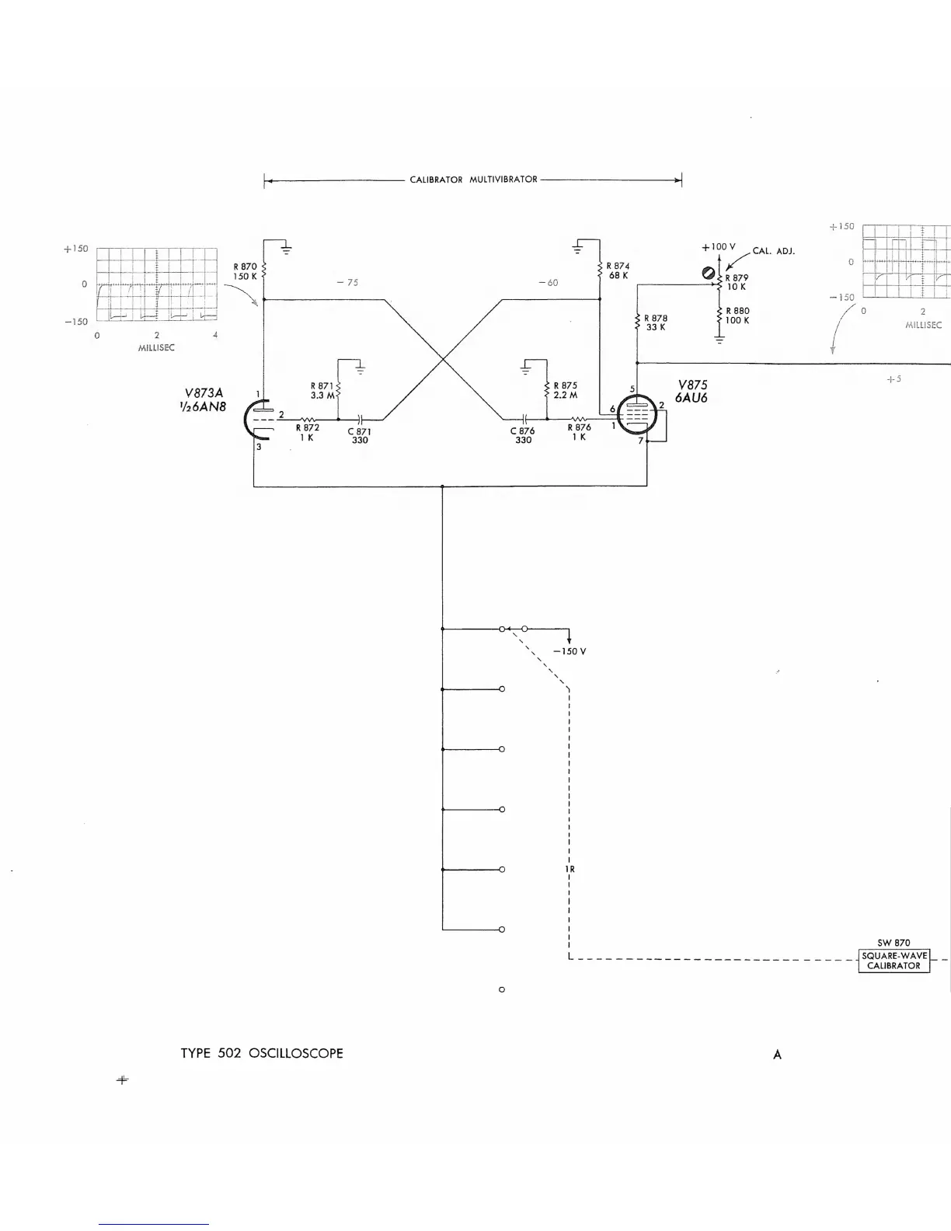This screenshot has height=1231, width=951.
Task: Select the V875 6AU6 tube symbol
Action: [x=637, y=417]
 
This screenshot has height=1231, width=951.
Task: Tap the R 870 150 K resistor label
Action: [x=245, y=271]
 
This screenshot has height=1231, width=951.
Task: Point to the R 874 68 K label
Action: [x=618, y=270]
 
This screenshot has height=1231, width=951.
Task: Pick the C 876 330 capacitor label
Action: [x=523, y=435]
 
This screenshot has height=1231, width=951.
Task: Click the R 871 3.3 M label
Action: [x=322, y=390]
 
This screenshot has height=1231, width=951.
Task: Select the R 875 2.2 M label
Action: [x=566, y=390]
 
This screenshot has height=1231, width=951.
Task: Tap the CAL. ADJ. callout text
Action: [x=773, y=251]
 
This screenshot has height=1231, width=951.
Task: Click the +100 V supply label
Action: [x=718, y=247]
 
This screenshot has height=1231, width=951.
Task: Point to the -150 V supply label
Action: [x=570, y=651]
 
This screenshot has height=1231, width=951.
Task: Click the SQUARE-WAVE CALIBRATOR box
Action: [x=894, y=961]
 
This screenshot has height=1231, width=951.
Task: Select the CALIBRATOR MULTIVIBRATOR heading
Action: [x=473, y=180]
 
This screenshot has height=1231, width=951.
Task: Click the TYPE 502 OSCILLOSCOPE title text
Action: [x=262, y=1053]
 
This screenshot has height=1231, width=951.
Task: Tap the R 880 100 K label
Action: [x=737, y=316]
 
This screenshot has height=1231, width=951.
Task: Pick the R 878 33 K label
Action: [x=656, y=323]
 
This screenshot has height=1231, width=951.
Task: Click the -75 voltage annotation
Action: [x=347, y=283]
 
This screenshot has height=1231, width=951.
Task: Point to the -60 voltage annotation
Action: [x=548, y=283]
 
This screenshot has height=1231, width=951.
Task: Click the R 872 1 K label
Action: [x=307, y=432]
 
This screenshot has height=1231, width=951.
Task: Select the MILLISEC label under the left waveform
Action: [x=156, y=348]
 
